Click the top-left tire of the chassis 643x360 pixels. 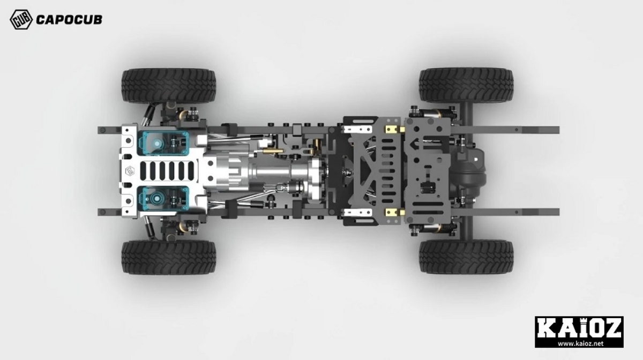click(168, 86)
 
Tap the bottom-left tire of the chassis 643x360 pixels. click(168, 257)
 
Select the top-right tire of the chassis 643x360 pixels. click(466, 85)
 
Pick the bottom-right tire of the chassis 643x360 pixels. click(466, 257)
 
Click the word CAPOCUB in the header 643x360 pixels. click(69, 20)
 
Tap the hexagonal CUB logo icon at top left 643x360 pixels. click(21, 19)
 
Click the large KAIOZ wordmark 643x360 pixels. click(579, 328)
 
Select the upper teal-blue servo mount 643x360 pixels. click(163, 143)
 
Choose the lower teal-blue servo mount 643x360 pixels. click(163, 198)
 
